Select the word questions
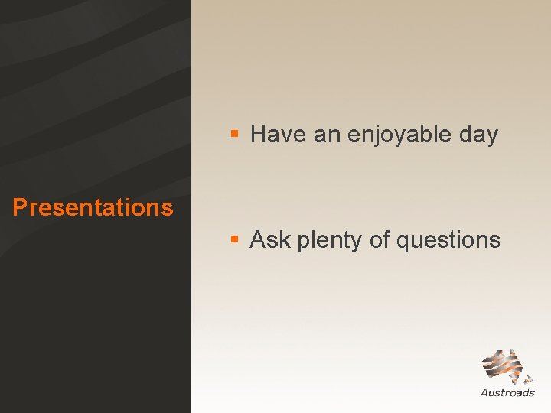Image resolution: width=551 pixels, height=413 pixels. (448, 241)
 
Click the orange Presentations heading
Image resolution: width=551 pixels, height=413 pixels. (93, 207)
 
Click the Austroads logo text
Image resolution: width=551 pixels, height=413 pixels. (507, 393)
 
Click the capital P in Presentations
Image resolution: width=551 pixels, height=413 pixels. (20, 207)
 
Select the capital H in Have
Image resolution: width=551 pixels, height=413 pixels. (258, 135)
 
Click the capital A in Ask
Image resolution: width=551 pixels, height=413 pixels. (258, 240)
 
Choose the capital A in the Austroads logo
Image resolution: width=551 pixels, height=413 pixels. (485, 393)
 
